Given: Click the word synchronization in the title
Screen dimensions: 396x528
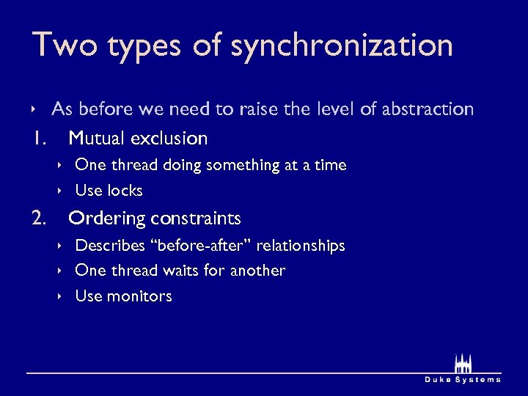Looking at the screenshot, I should click(x=342, y=46).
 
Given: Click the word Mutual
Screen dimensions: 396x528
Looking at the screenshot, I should click(x=97, y=138).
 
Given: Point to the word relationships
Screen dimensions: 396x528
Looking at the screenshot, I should click(x=300, y=245).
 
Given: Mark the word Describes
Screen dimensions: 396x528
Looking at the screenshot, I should click(x=108, y=245).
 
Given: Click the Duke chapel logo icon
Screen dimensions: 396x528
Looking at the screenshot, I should click(x=463, y=364).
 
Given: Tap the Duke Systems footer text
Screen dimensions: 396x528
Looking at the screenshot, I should click(x=463, y=379).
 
